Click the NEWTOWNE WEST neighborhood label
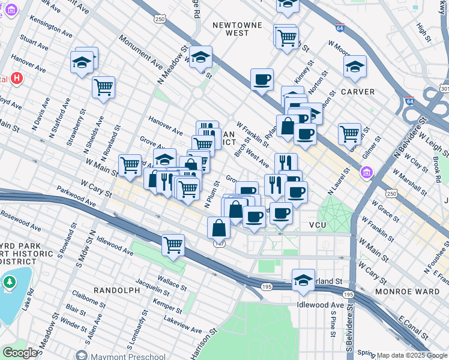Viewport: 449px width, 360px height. (x=229, y=29)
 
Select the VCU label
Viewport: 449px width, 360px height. (x=317, y=224)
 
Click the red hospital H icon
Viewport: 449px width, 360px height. (x=17, y=79)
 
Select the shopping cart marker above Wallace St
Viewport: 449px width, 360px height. (x=173, y=244)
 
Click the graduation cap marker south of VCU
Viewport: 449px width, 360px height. (x=303, y=280)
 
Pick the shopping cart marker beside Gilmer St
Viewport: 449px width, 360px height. (x=349, y=133)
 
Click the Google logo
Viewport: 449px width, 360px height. (x=19, y=353)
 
